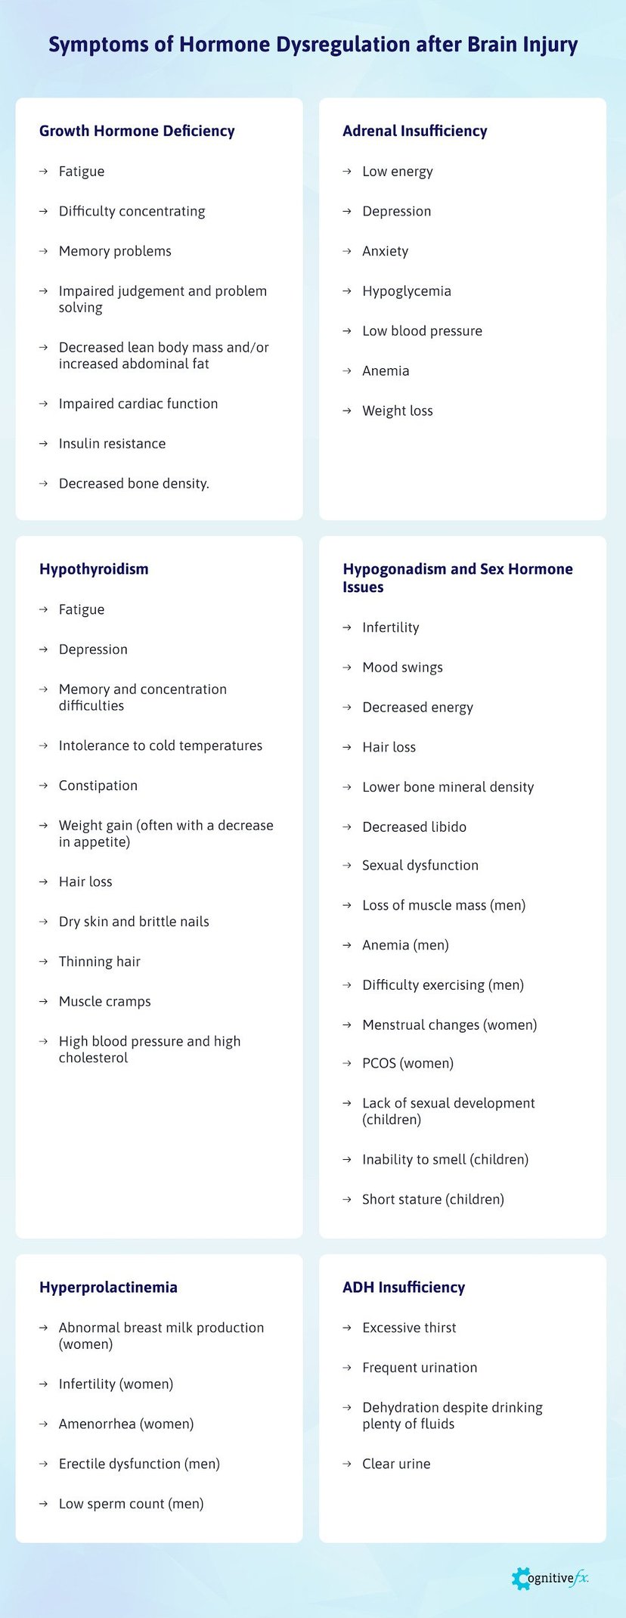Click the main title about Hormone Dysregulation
pos(313,45)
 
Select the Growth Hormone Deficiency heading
pos(137,131)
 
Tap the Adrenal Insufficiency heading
pos(414,131)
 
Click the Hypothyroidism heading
pos(94,569)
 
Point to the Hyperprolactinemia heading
pos(108,1287)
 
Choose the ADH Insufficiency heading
pos(404,1287)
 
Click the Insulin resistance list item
pos(112,444)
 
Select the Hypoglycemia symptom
pos(406,291)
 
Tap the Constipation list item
pos(98,786)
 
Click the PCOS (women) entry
pos(408,1063)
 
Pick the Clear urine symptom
pos(396,1464)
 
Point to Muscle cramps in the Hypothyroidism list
pos(105,1001)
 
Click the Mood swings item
pos(402,668)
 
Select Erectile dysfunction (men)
pos(139,1464)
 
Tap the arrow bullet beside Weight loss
pos(347,411)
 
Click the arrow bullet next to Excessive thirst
pos(347,1328)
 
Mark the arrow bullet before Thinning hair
pos(43,962)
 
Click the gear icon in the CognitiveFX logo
pos(521,1578)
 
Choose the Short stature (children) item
pos(432,1199)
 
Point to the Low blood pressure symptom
pos(422,331)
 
